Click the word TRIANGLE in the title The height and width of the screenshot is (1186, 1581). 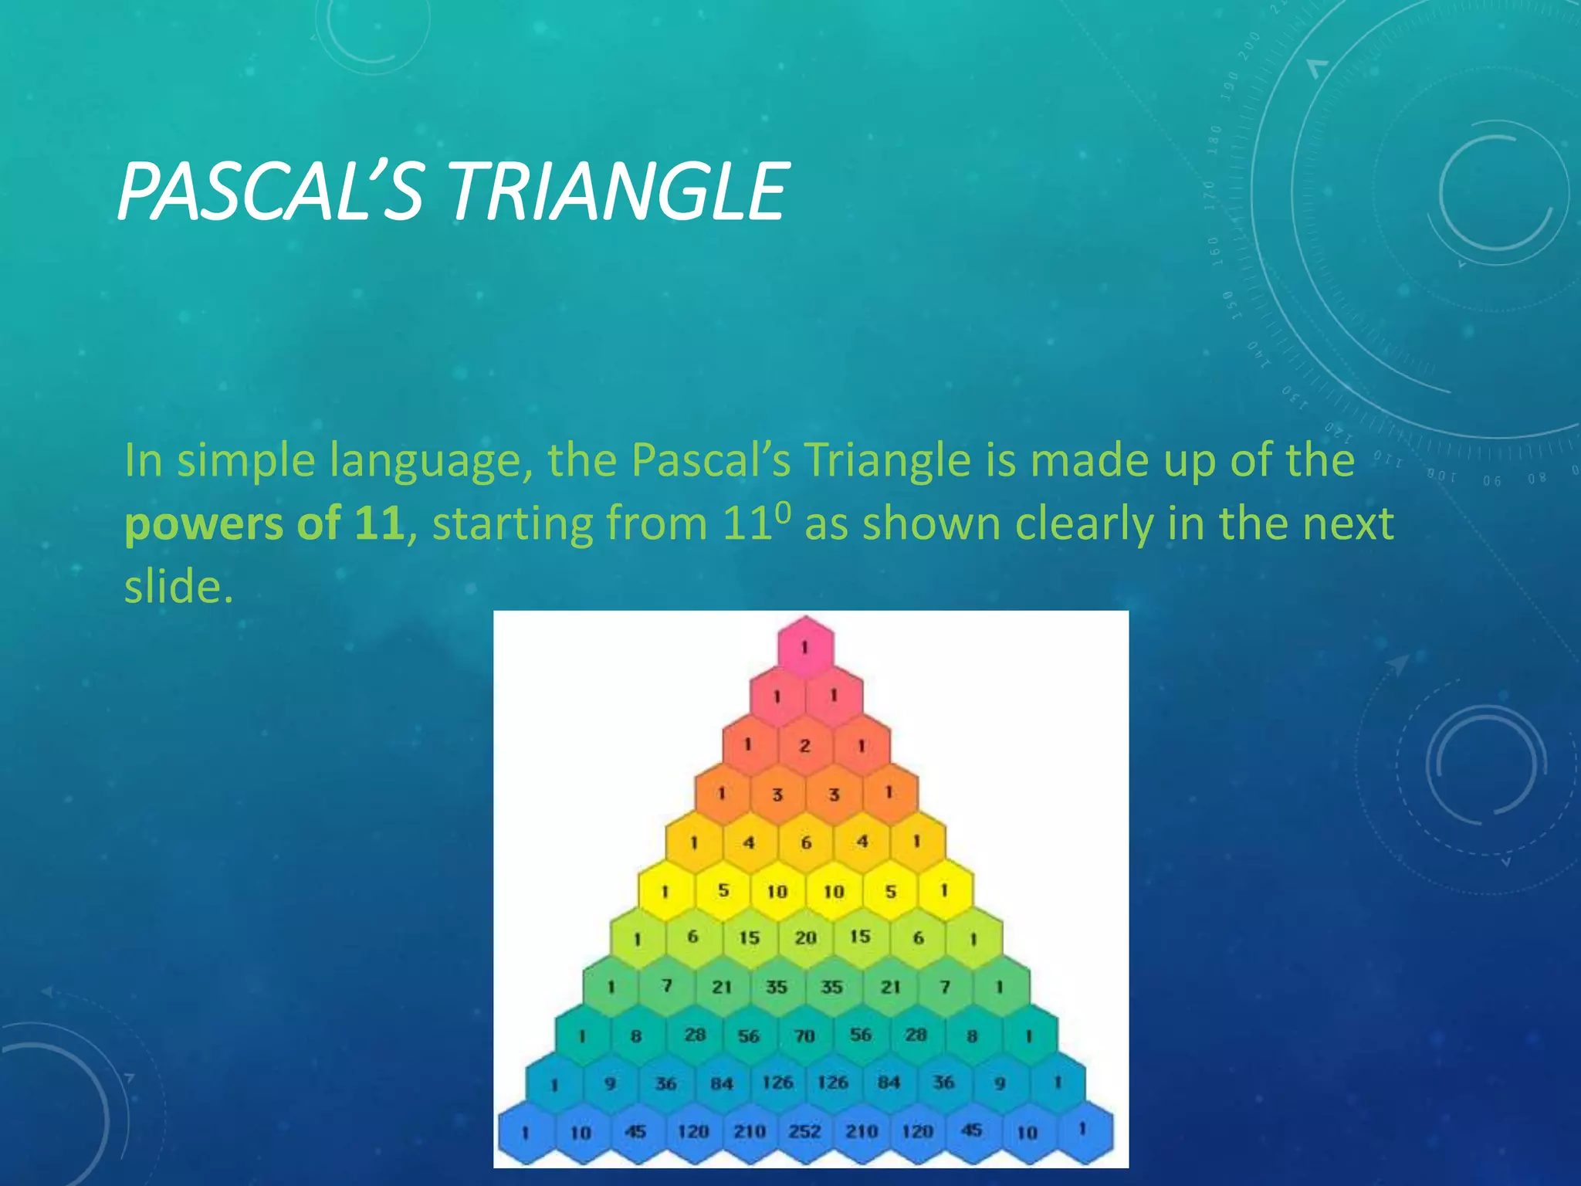618,191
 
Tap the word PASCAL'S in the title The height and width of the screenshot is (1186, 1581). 270,191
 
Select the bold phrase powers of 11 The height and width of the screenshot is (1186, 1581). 264,524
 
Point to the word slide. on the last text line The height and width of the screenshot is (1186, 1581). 178,587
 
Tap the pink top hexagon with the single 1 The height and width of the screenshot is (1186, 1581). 805,647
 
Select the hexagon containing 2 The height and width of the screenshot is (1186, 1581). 805,745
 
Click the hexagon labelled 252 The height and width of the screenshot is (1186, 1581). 805,1132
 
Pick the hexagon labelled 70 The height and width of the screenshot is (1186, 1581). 805,1035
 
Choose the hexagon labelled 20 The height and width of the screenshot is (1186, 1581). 805,938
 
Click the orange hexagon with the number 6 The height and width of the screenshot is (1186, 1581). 805,842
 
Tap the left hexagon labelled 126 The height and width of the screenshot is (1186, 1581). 777,1083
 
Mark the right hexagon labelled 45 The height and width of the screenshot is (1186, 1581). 972,1131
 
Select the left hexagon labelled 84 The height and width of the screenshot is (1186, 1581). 722,1083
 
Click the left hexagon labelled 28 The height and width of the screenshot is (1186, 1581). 695,1035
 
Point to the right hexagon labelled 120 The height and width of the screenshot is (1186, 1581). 917,1132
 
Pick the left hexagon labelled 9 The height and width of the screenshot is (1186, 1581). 610,1083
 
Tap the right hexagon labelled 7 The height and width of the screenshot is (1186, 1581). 945,987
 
